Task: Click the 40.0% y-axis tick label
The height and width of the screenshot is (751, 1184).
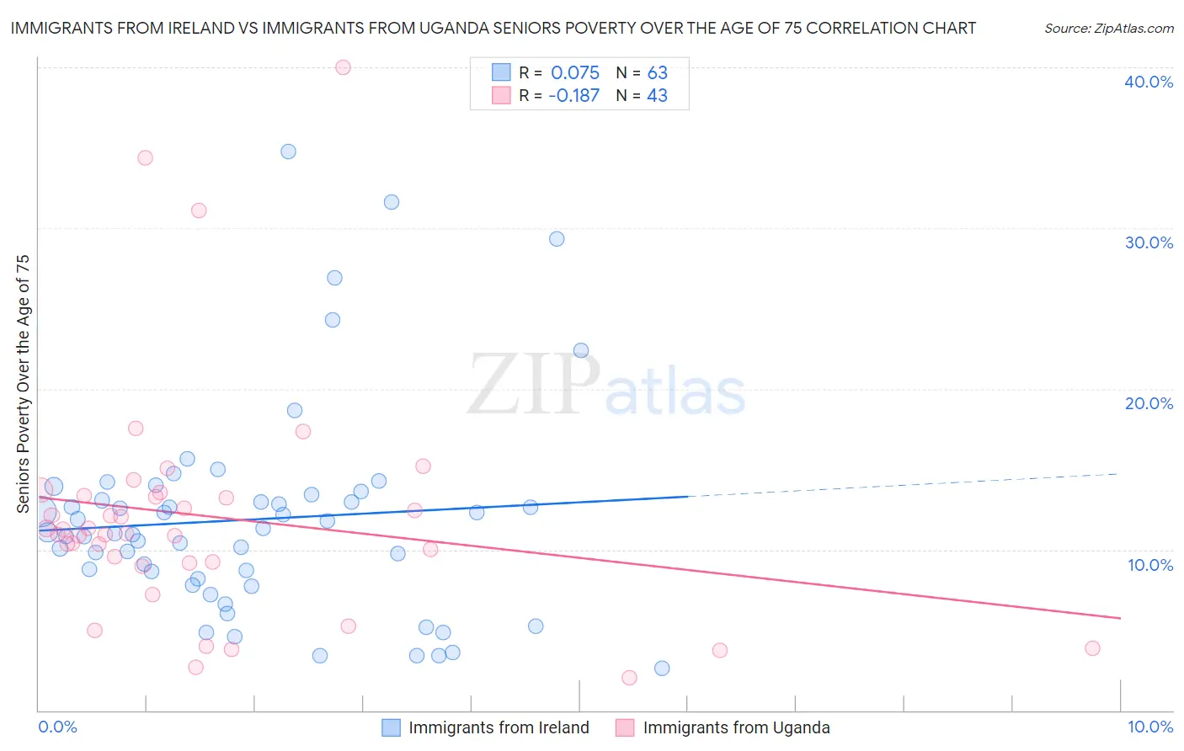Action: pyautogui.click(x=1148, y=82)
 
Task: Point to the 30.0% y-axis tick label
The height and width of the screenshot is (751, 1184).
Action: pyautogui.click(x=1148, y=242)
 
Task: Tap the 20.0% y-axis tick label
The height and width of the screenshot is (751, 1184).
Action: pyautogui.click(x=1148, y=403)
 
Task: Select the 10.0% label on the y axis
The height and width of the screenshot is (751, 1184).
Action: pyautogui.click(x=1149, y=565)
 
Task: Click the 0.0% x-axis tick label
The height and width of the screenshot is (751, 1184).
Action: pyautogui.click(x=57, y=727)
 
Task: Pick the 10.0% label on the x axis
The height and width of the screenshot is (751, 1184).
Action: pyautogui.click(x=1149, y=727)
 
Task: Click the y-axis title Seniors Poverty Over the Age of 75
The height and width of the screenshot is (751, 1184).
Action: pyautogui.click(x=23, y=383)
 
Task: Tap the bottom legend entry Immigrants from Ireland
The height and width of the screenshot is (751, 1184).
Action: pyautogui.click(x=499, y=727)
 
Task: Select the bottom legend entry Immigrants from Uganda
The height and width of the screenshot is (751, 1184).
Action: pyautogui.click(x=736, y=727)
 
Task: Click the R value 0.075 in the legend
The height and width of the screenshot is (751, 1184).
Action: pyautogui.click(x=575, y=73)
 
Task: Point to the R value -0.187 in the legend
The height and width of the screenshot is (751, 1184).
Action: pyautogui.click(x=573, y=96)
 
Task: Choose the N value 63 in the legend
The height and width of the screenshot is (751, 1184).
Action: pyautogui.click(x=657, y=73)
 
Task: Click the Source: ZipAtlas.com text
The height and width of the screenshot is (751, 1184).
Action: pyautogui.click(x=1108, y=29)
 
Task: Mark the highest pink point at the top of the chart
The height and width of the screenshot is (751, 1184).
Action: pyautogui.click(x=343, y=67)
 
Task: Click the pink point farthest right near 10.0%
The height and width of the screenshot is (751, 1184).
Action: pyautogui.click(x=1092, y=648)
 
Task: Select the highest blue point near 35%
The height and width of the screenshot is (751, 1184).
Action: pyautogui.click(x=288, y=152)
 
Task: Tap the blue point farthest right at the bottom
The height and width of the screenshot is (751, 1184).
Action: pyautogui.click(x=662, y=668)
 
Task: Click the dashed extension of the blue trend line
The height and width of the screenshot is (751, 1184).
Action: pyautogui.click(x=901, y=485)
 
